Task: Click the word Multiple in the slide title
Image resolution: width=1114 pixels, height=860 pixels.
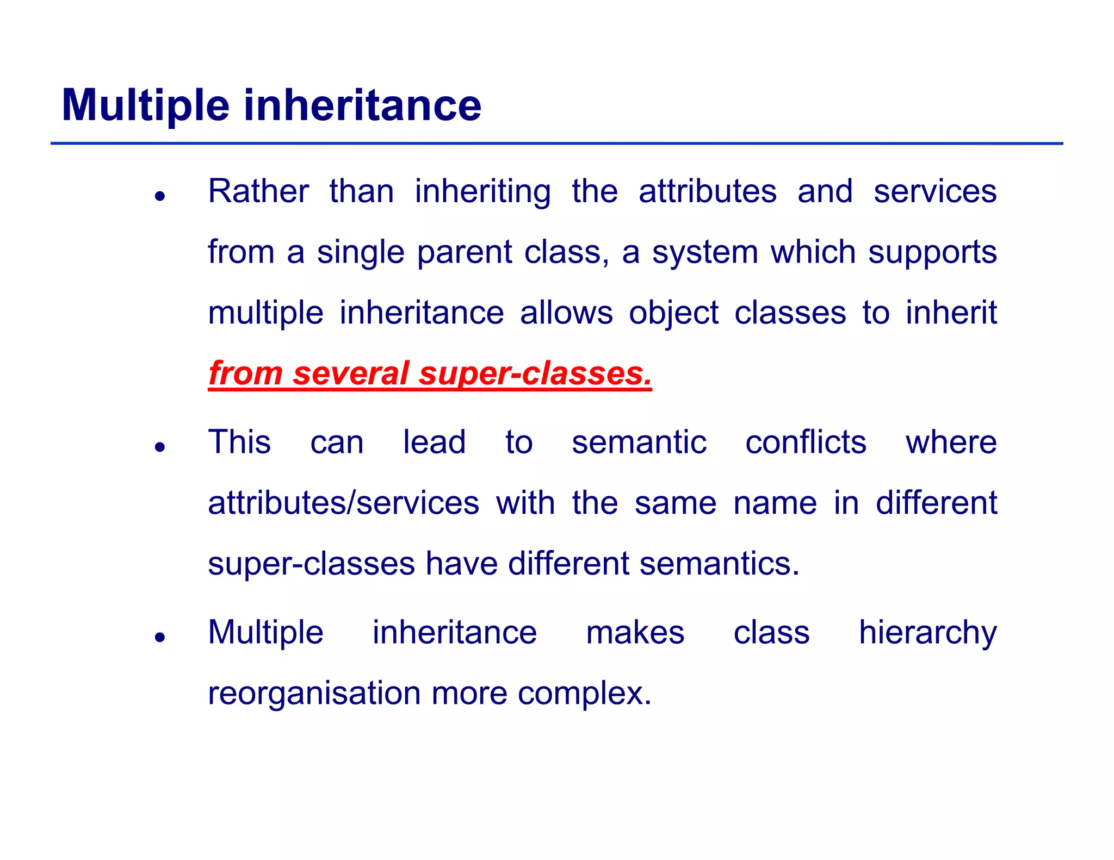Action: click(x=146, y=105)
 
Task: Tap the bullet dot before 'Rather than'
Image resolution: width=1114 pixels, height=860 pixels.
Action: click(x=159, y=196)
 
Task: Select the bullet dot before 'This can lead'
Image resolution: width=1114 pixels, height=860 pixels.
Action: click(x=159, y=447)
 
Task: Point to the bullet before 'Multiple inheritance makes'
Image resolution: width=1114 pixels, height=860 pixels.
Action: click(x=159, y=637)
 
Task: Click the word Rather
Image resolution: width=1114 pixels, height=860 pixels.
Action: click(x=258, y=191)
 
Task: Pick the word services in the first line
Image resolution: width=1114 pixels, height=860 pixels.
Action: click(x=934, y=191)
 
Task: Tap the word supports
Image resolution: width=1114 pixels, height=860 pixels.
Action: click(x=932, y=253)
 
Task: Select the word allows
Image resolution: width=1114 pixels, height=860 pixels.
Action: click(x=566, y=313)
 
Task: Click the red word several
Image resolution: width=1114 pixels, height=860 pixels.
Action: click(x=351, y=374)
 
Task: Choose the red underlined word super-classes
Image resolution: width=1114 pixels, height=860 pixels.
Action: click(x=535, y=374)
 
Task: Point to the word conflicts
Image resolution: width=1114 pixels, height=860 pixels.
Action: click(x=805, y=442)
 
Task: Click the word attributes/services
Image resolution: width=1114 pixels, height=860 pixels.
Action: click(x=343, y=503)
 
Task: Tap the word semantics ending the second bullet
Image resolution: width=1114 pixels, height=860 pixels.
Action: click(x=719, y=564)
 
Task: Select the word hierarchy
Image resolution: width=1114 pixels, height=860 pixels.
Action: click(x=927, y=633)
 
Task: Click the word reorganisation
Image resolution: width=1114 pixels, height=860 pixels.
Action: click(x=314, y=694)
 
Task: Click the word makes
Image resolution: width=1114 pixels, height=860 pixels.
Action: click(x=635, y=633)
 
